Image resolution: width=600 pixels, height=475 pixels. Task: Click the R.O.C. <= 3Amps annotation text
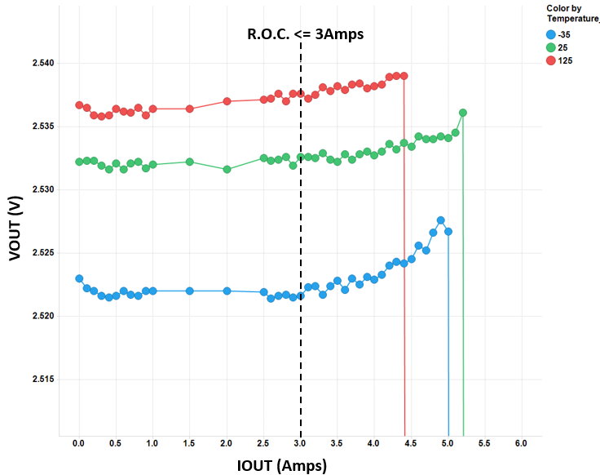305,34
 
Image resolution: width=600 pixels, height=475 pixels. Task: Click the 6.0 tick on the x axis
522,443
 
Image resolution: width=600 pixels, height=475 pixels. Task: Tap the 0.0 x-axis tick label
79,443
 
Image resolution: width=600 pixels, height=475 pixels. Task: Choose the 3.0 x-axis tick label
301,443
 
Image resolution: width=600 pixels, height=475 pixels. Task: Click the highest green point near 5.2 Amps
463,113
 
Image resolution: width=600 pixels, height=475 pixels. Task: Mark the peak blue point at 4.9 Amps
441,220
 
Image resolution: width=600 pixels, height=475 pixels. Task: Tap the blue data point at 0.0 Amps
79,278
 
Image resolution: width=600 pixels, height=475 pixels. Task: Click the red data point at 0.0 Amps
79,105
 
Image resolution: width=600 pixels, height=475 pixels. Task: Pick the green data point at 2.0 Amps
227,169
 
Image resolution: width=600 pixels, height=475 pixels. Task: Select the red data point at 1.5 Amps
190,109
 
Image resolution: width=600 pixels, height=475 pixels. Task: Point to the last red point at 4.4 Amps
404,76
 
